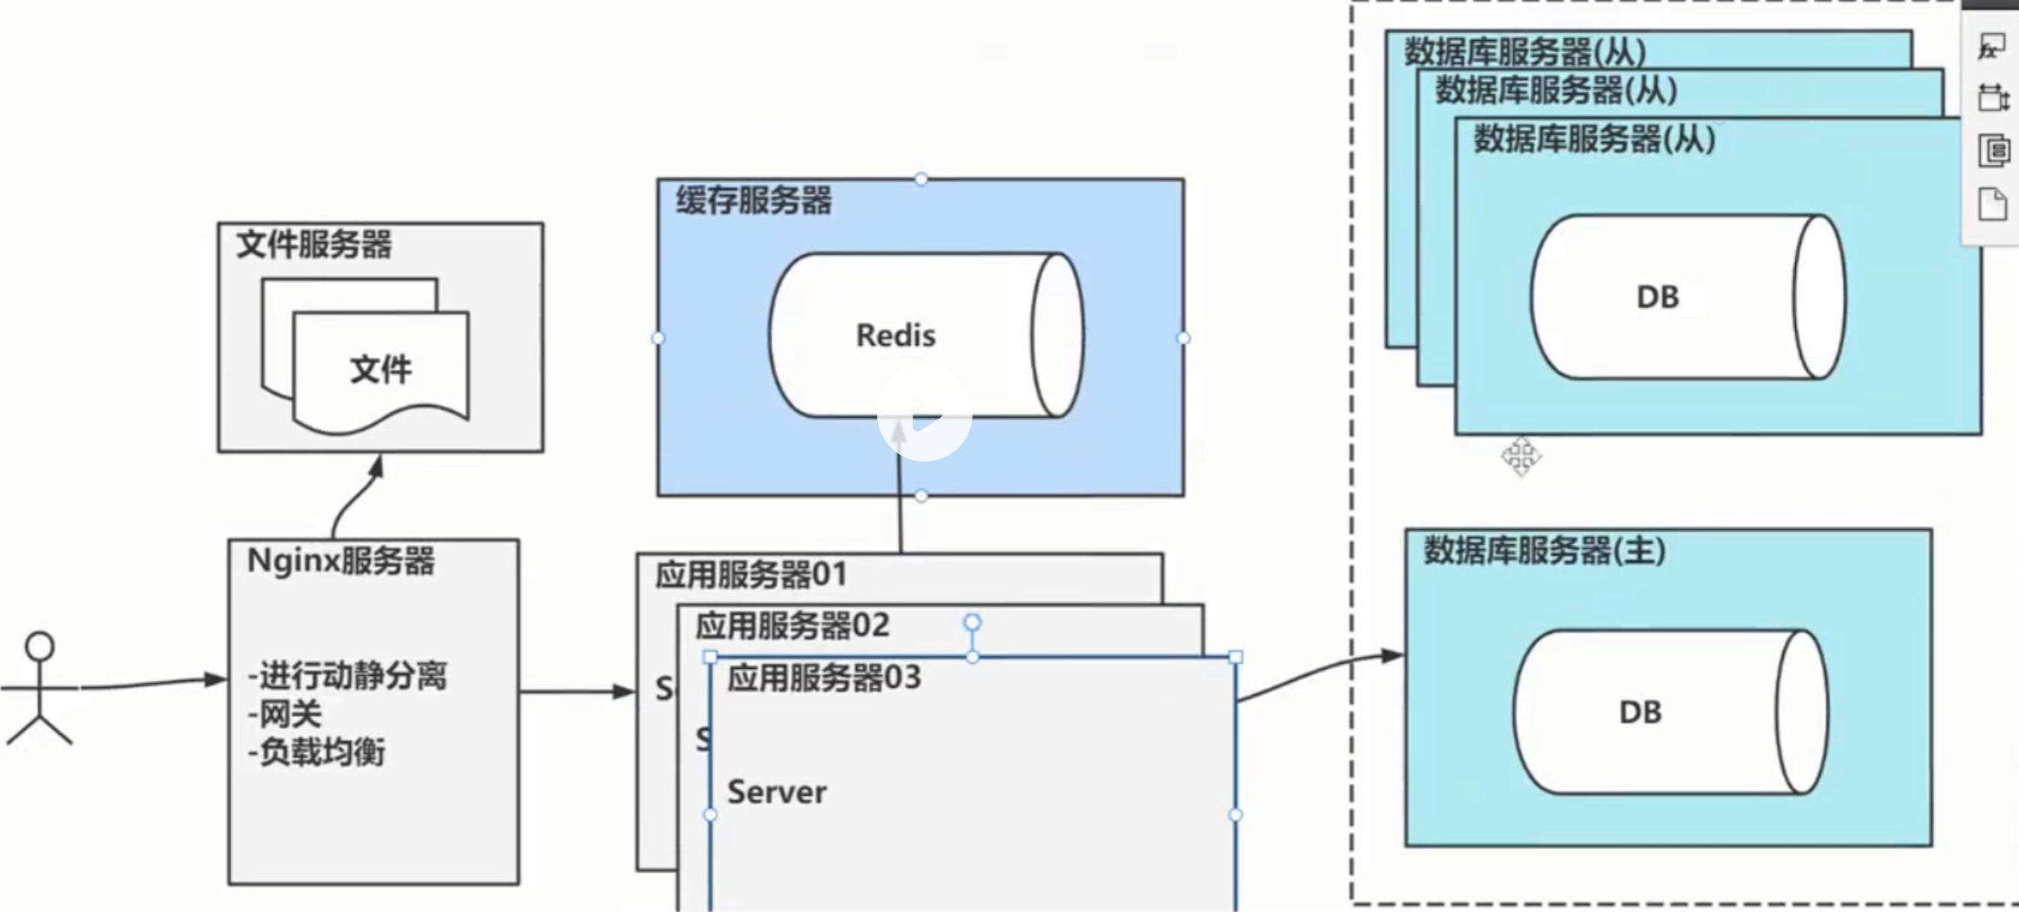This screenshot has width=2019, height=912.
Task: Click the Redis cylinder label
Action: click(x=895, y=335)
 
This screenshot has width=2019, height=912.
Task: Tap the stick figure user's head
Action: click(x=40, y=646)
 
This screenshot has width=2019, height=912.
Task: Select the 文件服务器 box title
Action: click(x=313, y=245)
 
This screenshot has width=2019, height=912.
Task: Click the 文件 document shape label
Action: click(x=380, y=370)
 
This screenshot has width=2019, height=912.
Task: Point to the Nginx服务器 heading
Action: click(x=340, y=561)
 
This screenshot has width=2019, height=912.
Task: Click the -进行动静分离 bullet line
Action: click(x=347, y=675)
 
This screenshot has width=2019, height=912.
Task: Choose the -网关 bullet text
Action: click(x=285, y=714)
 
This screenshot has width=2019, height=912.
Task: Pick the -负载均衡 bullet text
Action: click(x=317, y=751)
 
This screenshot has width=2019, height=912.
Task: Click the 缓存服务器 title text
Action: click(x=754, y=200)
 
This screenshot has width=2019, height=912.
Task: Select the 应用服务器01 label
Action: click(x=750, y=574)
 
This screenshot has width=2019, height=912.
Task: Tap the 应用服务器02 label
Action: click(x=792, y=626)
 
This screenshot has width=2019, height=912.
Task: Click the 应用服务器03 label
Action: click(x=823, y=678)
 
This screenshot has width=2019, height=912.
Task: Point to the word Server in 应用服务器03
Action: click(x=776, y=792)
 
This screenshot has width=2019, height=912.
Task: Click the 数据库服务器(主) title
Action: click(x=1544, y=551)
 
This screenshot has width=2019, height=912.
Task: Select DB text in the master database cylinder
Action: click(x=1640, y=712)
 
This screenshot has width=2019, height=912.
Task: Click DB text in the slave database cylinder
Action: click(x=1657, y=298)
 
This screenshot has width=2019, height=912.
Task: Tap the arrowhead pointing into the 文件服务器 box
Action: click(x=376, y=467)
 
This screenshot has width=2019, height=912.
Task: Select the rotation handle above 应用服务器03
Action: click(x=972, y=622)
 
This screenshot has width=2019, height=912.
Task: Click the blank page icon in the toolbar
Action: click(x=1993, y=205)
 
